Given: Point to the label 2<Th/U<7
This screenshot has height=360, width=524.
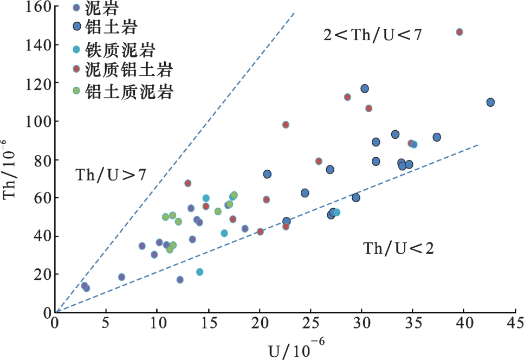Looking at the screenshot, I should coord(372,35).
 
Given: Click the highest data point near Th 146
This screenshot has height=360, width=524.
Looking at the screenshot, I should coord(460,32).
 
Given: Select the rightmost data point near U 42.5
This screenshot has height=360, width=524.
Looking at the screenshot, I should coord(490,102).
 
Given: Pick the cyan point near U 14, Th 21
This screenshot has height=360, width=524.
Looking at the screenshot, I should coord(199,272).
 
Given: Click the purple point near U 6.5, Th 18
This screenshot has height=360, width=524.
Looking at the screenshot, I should coord(121,277).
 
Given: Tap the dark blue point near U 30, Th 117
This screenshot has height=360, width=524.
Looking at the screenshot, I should coord(365,88).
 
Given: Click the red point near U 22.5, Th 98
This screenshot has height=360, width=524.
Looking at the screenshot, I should coord(286,125).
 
